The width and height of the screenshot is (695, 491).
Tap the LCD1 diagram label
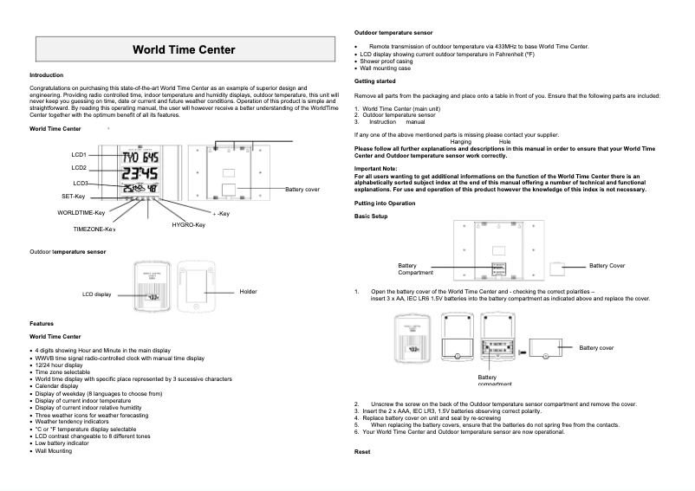pos(79,154)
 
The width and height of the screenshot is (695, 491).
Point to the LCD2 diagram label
pos(79,167)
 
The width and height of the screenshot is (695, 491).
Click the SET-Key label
pos(66,197)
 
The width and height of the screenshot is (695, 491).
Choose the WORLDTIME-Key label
pos(81,212)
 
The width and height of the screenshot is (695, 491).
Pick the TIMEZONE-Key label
pos(94,229)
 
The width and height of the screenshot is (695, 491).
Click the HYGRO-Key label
pos(188,224)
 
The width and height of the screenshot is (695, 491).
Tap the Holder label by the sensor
pos(249,292)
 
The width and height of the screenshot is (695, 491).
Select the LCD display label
pos(97,294)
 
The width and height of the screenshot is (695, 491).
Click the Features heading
pos(43,323)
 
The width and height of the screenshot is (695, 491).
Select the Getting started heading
pos(375,81)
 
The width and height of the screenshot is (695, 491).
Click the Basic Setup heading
pos(372,214)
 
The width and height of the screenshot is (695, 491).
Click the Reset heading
pos(364,452)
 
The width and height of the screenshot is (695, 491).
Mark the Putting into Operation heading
pos(385,202)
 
